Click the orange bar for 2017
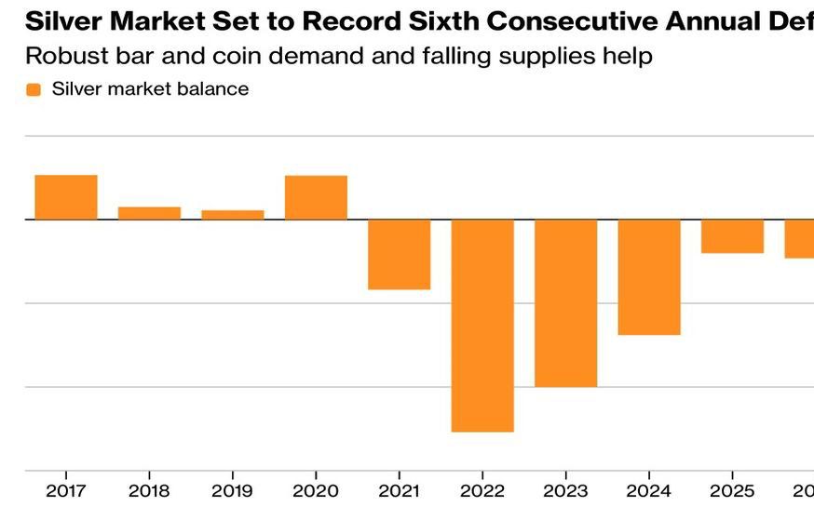pos(66,197)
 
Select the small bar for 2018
pos(149,213)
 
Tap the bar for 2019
pos(233,215)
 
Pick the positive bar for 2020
pos(316,197)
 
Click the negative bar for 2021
pos(399,254)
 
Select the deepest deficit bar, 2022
pos(482,326)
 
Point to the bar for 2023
pos(565,302)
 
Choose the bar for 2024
pos(649,277)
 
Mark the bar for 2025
pos(732,236)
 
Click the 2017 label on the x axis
pos(65,490)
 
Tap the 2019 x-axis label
pos(232,490)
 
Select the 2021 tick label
pos(399,490)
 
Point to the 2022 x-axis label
pos(482,490)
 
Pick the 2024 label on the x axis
pos(649,490)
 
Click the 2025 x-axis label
pos(732,490)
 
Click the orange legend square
pos(34,90)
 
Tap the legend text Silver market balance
pos(150,89)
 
